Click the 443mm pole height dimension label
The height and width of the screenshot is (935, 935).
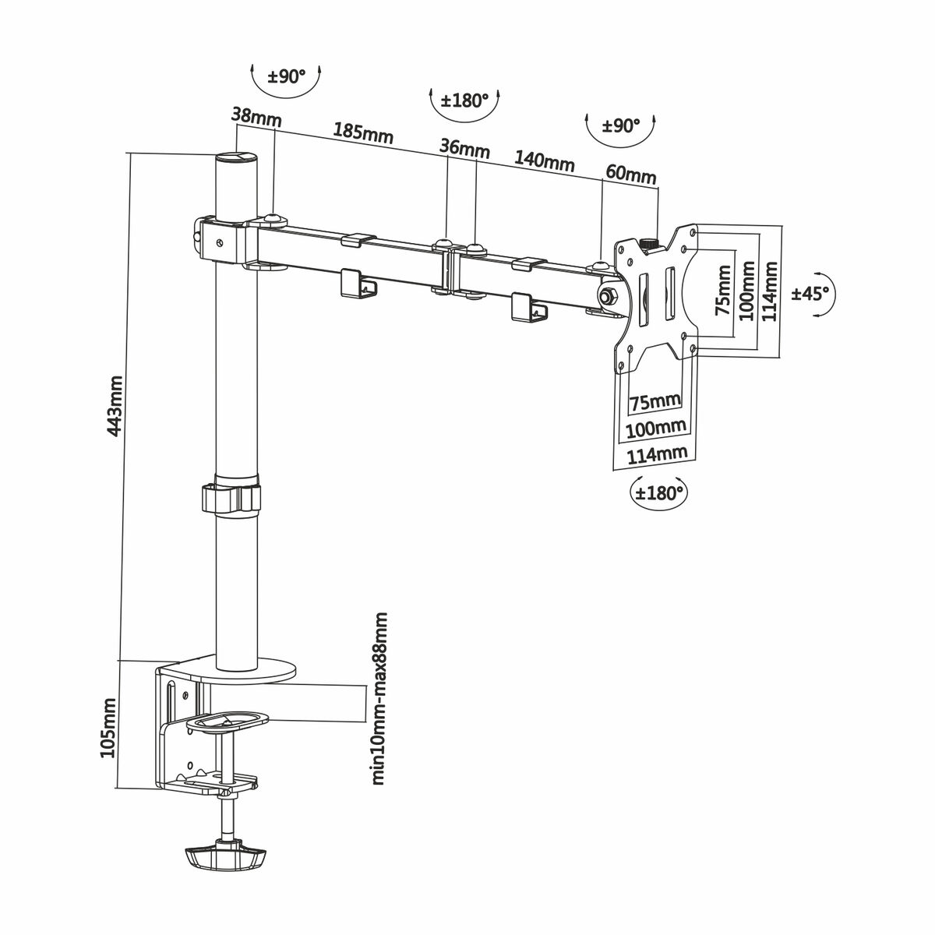point(115,406)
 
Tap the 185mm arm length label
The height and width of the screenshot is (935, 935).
point(363,133)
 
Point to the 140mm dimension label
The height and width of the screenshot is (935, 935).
point(544,161)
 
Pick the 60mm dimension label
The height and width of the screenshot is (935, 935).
point(631,174)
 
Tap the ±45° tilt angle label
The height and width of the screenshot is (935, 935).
point(811,294)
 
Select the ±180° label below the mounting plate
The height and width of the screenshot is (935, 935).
point(659,492)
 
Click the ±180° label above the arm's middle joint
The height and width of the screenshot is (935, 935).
point(464,101)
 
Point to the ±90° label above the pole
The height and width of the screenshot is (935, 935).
point(287,76)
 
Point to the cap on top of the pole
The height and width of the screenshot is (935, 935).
point(235,159)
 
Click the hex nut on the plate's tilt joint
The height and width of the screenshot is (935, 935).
point(607,295)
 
